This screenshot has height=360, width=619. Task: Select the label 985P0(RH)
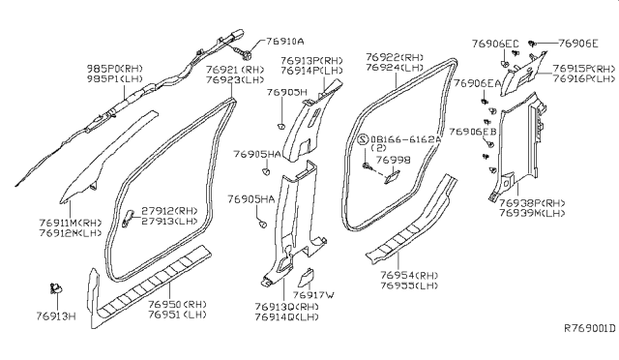[x=109, y=71]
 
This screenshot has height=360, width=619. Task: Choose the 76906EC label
[x=495, y=43]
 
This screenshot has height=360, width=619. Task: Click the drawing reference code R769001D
[x=589, y=329]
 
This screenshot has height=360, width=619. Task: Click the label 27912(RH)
[x=171, y=210]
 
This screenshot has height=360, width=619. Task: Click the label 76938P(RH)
[x=532, y=203]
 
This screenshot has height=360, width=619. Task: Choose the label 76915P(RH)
[x=583, y=69]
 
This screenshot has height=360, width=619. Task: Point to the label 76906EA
[x=476, y=84]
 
